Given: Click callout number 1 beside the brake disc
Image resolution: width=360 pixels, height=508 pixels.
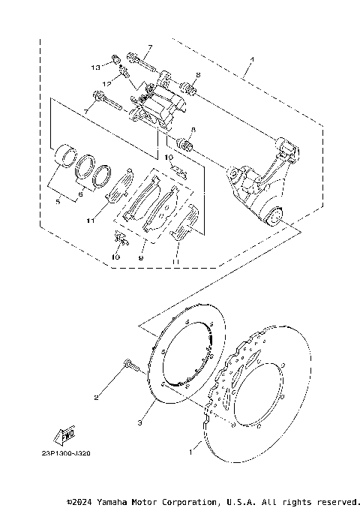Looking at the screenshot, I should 191,453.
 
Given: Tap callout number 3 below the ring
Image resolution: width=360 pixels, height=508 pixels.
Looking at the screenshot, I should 139,425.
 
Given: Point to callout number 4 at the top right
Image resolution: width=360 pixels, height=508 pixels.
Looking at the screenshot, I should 252,59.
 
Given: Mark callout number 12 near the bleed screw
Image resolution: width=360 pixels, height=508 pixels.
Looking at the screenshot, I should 107,81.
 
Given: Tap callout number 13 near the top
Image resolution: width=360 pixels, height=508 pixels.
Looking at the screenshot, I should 95,68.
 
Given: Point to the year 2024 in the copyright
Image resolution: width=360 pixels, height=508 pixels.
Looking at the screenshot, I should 85,500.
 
